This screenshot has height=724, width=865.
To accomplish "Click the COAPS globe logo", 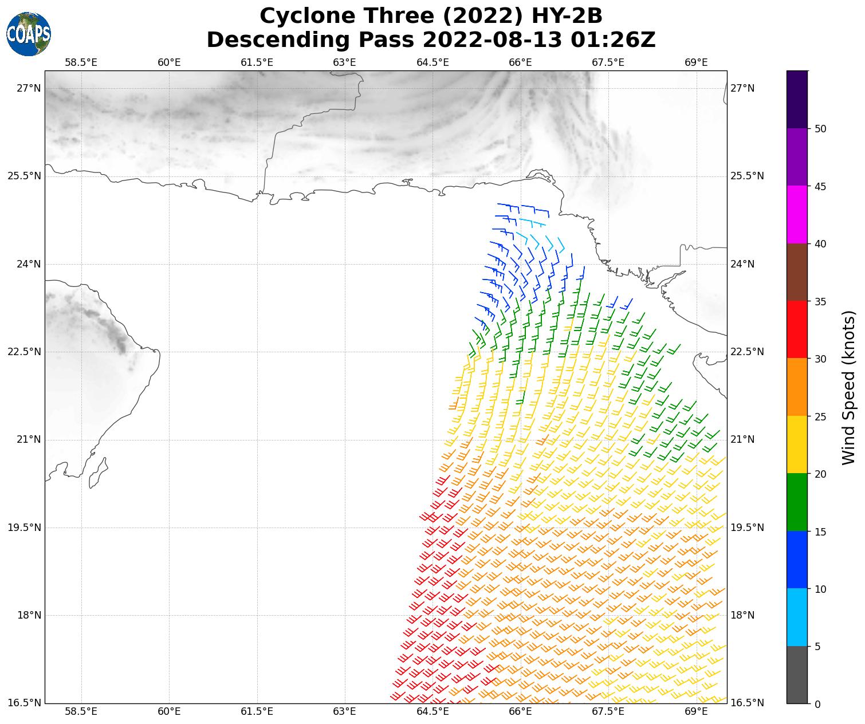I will [x=29, y=34].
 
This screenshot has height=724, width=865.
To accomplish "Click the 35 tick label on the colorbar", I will [x=820, y=301].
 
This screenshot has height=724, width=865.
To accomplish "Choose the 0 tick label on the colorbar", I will [x=817, y=704].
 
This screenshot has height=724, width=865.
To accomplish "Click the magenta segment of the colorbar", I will [x=797, y=215].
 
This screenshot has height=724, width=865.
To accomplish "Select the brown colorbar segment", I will [x=797, y=272].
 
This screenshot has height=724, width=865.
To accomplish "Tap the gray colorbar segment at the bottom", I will [x=797, y=675].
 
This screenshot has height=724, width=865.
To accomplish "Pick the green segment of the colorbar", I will [x=797, y=502].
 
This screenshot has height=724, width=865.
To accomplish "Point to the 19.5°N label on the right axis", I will [x=747, y=528].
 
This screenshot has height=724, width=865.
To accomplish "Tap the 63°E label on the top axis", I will [x=344, y=62].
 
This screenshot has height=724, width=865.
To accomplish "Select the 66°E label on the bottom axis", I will [x=520, y=712].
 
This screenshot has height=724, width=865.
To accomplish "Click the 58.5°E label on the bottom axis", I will [x=81, y=712].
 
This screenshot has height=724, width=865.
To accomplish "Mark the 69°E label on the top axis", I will [x=696, y=62].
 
